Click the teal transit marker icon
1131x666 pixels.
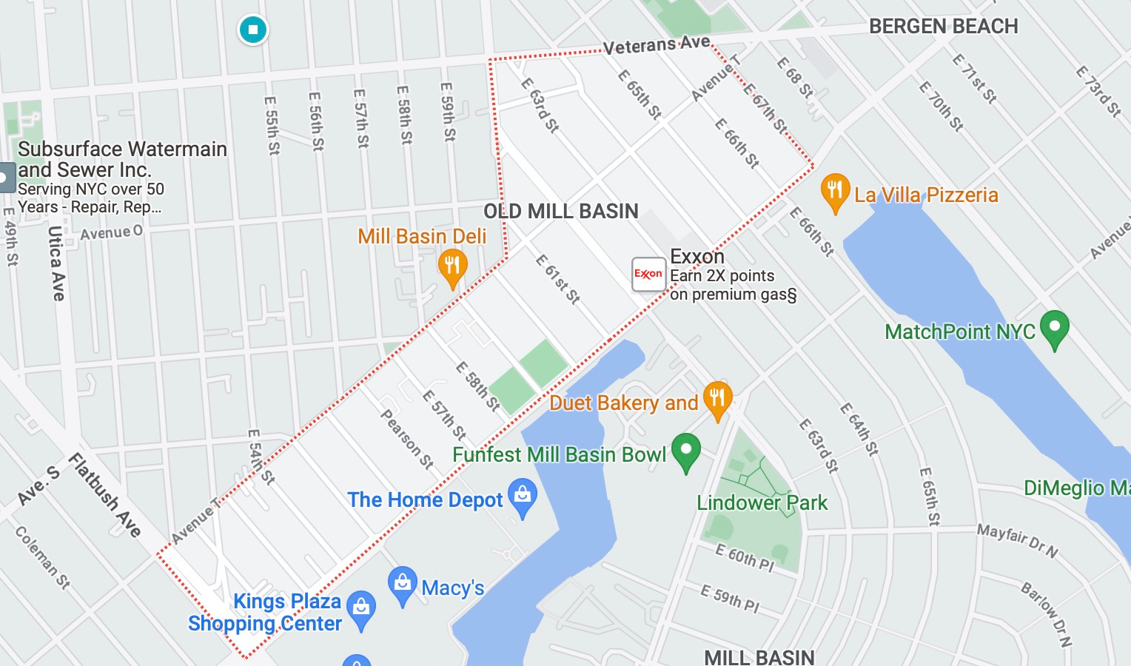[253, 30]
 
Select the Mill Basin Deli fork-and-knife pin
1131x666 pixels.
[452, 266]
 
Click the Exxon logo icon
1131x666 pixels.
[648, 274]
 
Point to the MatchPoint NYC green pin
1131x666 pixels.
[1054, 328]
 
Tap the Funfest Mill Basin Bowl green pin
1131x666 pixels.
[686, 450]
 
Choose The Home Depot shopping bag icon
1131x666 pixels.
[523, 496]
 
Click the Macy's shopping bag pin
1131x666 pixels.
[402, 584]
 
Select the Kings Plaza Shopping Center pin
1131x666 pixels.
[361, 608]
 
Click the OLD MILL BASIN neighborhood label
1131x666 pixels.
[560, 212]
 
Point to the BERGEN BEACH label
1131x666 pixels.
[943, 27]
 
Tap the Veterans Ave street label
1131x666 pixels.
[656, 45]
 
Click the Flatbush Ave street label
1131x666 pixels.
[105, 495]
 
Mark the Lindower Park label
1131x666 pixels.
[762, 503]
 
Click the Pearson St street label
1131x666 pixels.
[406, 439]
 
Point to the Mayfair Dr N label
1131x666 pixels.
[1017, 540]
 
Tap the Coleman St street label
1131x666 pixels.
[43, 557]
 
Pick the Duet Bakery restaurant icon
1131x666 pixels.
[716, 399]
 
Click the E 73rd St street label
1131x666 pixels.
[1098, 92]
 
